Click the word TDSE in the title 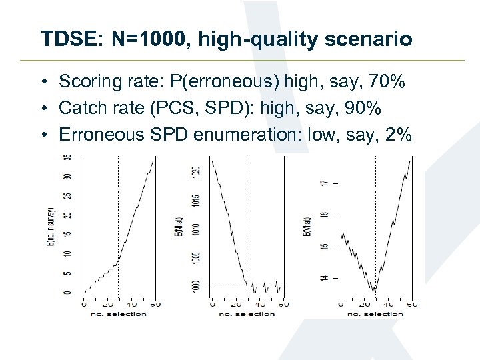63,39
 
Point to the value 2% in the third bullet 398,135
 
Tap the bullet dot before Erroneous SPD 41,135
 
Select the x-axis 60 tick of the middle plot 283,305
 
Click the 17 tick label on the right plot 325,183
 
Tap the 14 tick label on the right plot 325,277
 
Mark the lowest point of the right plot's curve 375,291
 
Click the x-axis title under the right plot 375,313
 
